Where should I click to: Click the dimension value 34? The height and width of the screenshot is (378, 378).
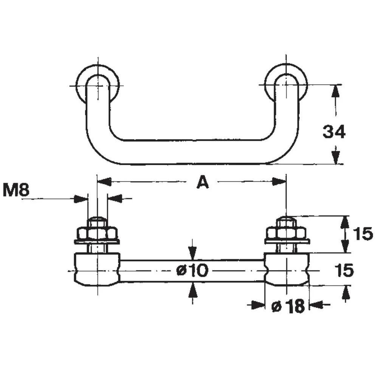334,132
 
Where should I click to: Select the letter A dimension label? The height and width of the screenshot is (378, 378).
203,183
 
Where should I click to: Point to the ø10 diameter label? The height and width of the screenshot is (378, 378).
192,271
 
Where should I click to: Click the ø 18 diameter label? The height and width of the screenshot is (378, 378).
288,307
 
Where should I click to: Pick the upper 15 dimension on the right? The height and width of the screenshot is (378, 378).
363,234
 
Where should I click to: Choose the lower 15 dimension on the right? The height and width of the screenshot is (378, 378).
344,270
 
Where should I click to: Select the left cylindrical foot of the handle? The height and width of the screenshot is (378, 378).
97,270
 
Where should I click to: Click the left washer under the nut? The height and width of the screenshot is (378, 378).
97,241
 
